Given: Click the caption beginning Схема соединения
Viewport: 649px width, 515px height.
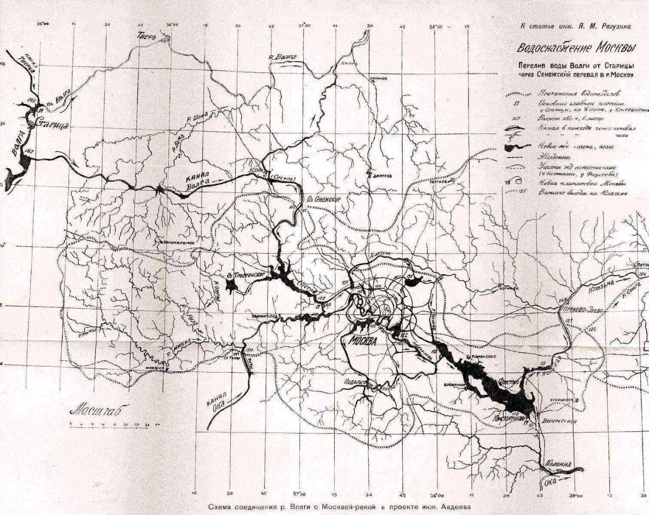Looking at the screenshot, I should tap(339, 506).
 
